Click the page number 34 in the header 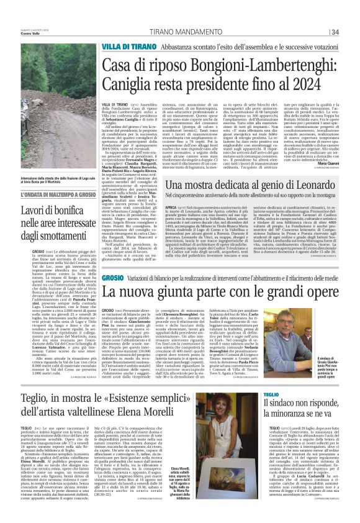(x=335, y=32)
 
